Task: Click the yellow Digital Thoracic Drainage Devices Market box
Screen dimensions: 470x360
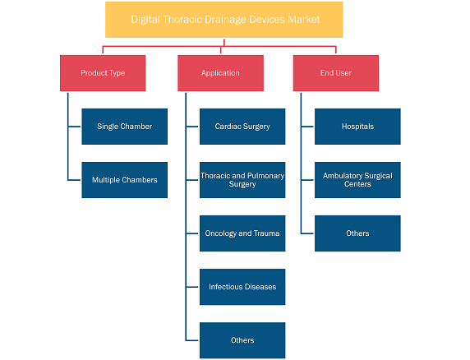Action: coord(224,20)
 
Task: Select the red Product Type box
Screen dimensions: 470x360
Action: coord(103,73)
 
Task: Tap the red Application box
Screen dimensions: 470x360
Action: coord(220,73)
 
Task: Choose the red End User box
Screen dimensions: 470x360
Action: coord(336,73)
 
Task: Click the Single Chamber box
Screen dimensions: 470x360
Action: coord(124,127)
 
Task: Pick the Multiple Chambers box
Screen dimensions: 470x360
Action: coord(124,180)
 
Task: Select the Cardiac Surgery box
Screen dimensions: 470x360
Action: coord(242,127)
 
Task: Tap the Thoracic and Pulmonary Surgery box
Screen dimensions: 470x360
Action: coord(242,180)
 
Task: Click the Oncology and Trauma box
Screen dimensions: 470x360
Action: coord(242,233)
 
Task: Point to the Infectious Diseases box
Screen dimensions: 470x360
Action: coord(242,287)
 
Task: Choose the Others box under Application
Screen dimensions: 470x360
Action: coord(242,340)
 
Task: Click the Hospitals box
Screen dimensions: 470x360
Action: coord(357,127)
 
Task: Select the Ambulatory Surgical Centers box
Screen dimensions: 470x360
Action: coord(357,180)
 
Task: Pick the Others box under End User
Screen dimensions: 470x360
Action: coord(357,233)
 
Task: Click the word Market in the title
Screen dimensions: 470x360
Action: coord(304,20)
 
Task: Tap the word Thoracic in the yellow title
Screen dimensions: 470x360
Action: coord(182,20)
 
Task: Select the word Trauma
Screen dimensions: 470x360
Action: coord(267,233)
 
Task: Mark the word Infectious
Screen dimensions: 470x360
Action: coord(225,287)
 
